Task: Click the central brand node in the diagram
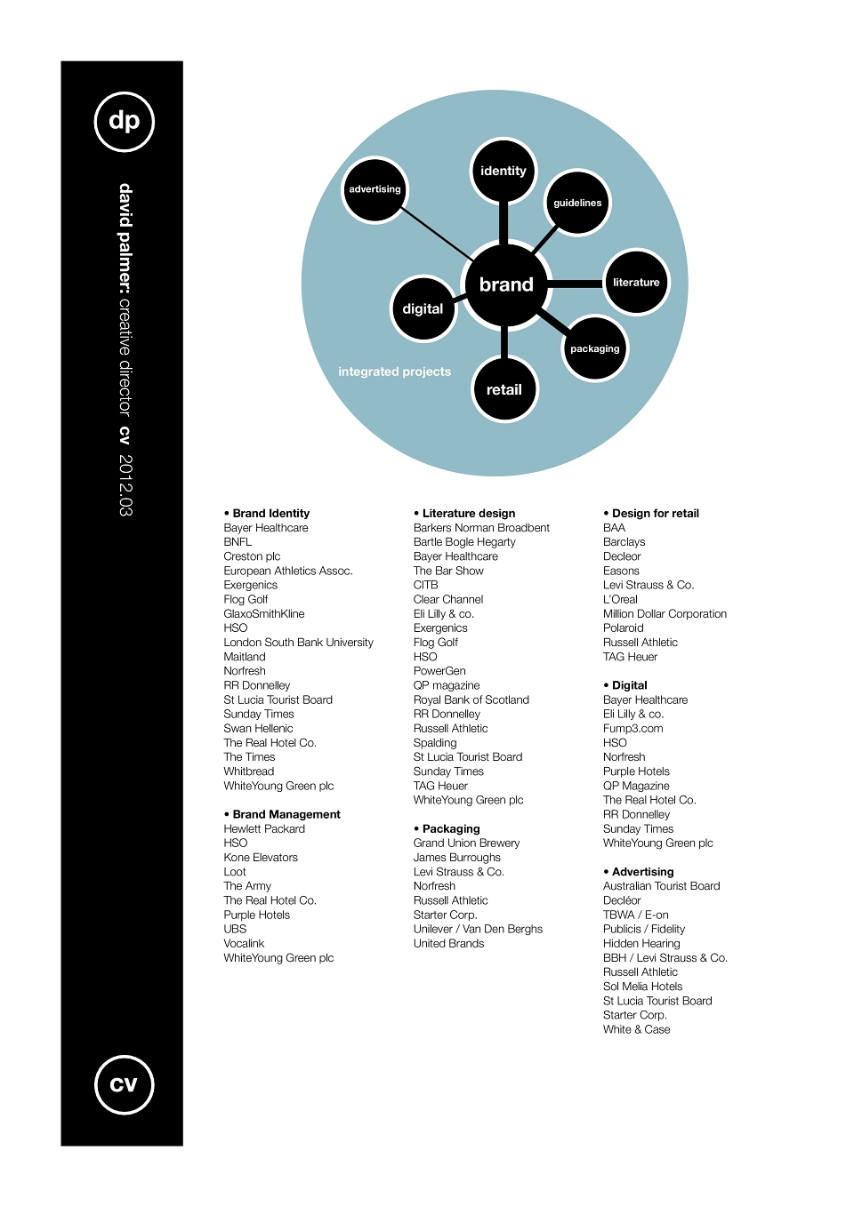pos(505,284)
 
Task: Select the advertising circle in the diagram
pos(375,189)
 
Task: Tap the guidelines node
pos(576,203)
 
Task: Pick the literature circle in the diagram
pos(636,282)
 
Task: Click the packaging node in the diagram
pos(594,348)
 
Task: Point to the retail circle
pos(504,389)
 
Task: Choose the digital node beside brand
pos(423,308)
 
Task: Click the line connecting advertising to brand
pos(437,233)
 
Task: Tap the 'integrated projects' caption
pos(395,372)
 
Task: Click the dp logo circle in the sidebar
pos(124,121)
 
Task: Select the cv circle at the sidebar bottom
pos(124,1084)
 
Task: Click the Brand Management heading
pos(282,814)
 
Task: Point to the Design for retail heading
pos(651,513)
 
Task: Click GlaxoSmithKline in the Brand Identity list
pos(264,614)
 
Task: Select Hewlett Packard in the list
pos(264,828)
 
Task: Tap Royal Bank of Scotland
pos(471,699)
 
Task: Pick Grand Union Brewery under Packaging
pos(466,843)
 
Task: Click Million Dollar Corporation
pos(665,614)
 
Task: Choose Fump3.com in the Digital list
pos(633,729)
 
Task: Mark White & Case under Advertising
pos(637,1029)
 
